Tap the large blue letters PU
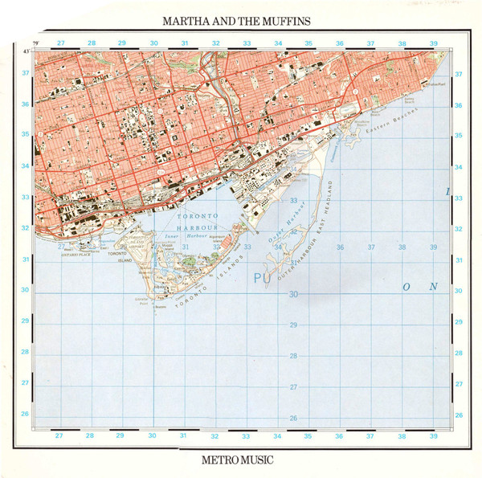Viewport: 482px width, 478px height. pos(262,278)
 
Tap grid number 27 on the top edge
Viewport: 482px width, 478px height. pos(60,43)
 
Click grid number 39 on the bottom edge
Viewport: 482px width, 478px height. pos(433,436)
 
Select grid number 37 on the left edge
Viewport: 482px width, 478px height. pos(25,73)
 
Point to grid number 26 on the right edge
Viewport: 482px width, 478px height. pos(459,415)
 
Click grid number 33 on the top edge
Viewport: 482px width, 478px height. pos(247,43)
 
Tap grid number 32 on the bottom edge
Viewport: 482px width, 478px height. pos(215,436)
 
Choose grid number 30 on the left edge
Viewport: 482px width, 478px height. pos(25,290)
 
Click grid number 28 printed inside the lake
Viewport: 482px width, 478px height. pos(293,356)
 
